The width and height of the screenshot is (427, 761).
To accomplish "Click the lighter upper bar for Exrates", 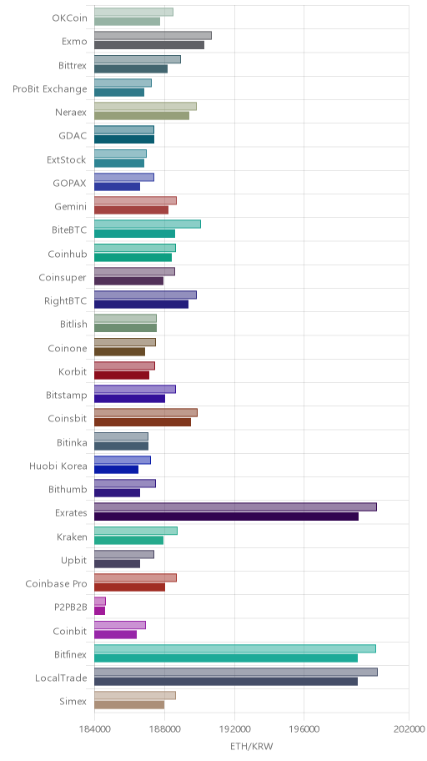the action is (x=235, y=507).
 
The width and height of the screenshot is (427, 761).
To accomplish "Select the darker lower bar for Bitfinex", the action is (x=226, y=658).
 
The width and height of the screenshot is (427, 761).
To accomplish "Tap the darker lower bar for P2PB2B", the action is (x=99, y=611).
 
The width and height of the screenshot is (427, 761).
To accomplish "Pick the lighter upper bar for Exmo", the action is (x=153, y=35).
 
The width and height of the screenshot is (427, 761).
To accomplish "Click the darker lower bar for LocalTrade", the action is (x=226, y=682).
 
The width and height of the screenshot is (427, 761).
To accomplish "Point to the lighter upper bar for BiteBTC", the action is (x=148, y=224).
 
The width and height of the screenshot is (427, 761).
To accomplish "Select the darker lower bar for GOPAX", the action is (x=117, y=186).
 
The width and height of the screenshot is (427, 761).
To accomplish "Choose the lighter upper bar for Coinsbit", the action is (x=146, y=412).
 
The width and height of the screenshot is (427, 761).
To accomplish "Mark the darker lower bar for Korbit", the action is (x=121, y=375).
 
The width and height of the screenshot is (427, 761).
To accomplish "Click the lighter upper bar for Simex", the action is (x=135, y=696).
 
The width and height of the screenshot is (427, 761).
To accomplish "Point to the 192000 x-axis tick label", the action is (x=234, y=729).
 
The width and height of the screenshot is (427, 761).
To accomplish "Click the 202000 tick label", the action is (x=409, y=729).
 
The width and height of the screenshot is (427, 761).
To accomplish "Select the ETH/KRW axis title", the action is (x=251, y=747).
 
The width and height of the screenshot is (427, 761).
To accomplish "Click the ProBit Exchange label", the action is (x=50, y=88).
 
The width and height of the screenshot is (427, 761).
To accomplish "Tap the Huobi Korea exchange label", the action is (x=58, y=466).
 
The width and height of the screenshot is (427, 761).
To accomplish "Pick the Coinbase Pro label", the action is (x=56, y=584).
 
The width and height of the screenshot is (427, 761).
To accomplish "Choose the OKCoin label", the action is (x=70, y=18).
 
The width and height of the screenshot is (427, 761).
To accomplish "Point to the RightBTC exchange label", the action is (x=66, y=301).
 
